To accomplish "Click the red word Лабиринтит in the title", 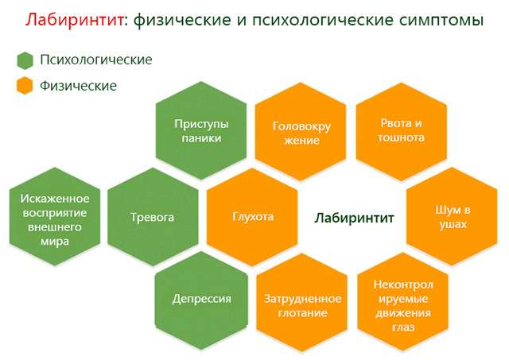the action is [x=74, y=20].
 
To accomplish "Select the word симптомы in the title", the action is [x=441, y=20].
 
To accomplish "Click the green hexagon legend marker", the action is [x=25, y=60].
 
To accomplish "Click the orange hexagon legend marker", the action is [x=25, y=86].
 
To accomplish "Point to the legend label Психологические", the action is [x=96, y=60].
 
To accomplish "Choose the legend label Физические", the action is [x=78, y=86].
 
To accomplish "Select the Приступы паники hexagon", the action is [x=201, y=130].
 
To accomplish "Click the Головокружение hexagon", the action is [x=301, y=132].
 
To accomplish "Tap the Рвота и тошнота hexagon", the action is [x=401, y=132].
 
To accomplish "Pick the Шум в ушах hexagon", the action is [x=452, y=217].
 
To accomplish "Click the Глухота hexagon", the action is [x=252, y=217].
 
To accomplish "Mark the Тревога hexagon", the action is [x=153, y=217].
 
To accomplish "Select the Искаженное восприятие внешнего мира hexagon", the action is [x=55, y=217].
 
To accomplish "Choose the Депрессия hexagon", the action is [x=201, y=300].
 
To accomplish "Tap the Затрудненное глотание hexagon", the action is [x=302, y=303].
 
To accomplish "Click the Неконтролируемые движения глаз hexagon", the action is [x=403, y=303].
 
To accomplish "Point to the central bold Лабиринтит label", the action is [x=354, y=218].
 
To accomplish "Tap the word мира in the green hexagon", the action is [x=55, y=242].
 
